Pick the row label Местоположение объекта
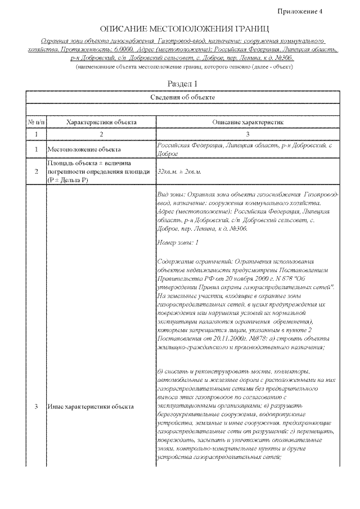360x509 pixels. click(84, 150)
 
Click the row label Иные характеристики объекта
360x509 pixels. click(90, 406)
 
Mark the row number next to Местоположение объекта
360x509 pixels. click(35, 150)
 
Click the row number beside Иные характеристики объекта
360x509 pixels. click(35, 406)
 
